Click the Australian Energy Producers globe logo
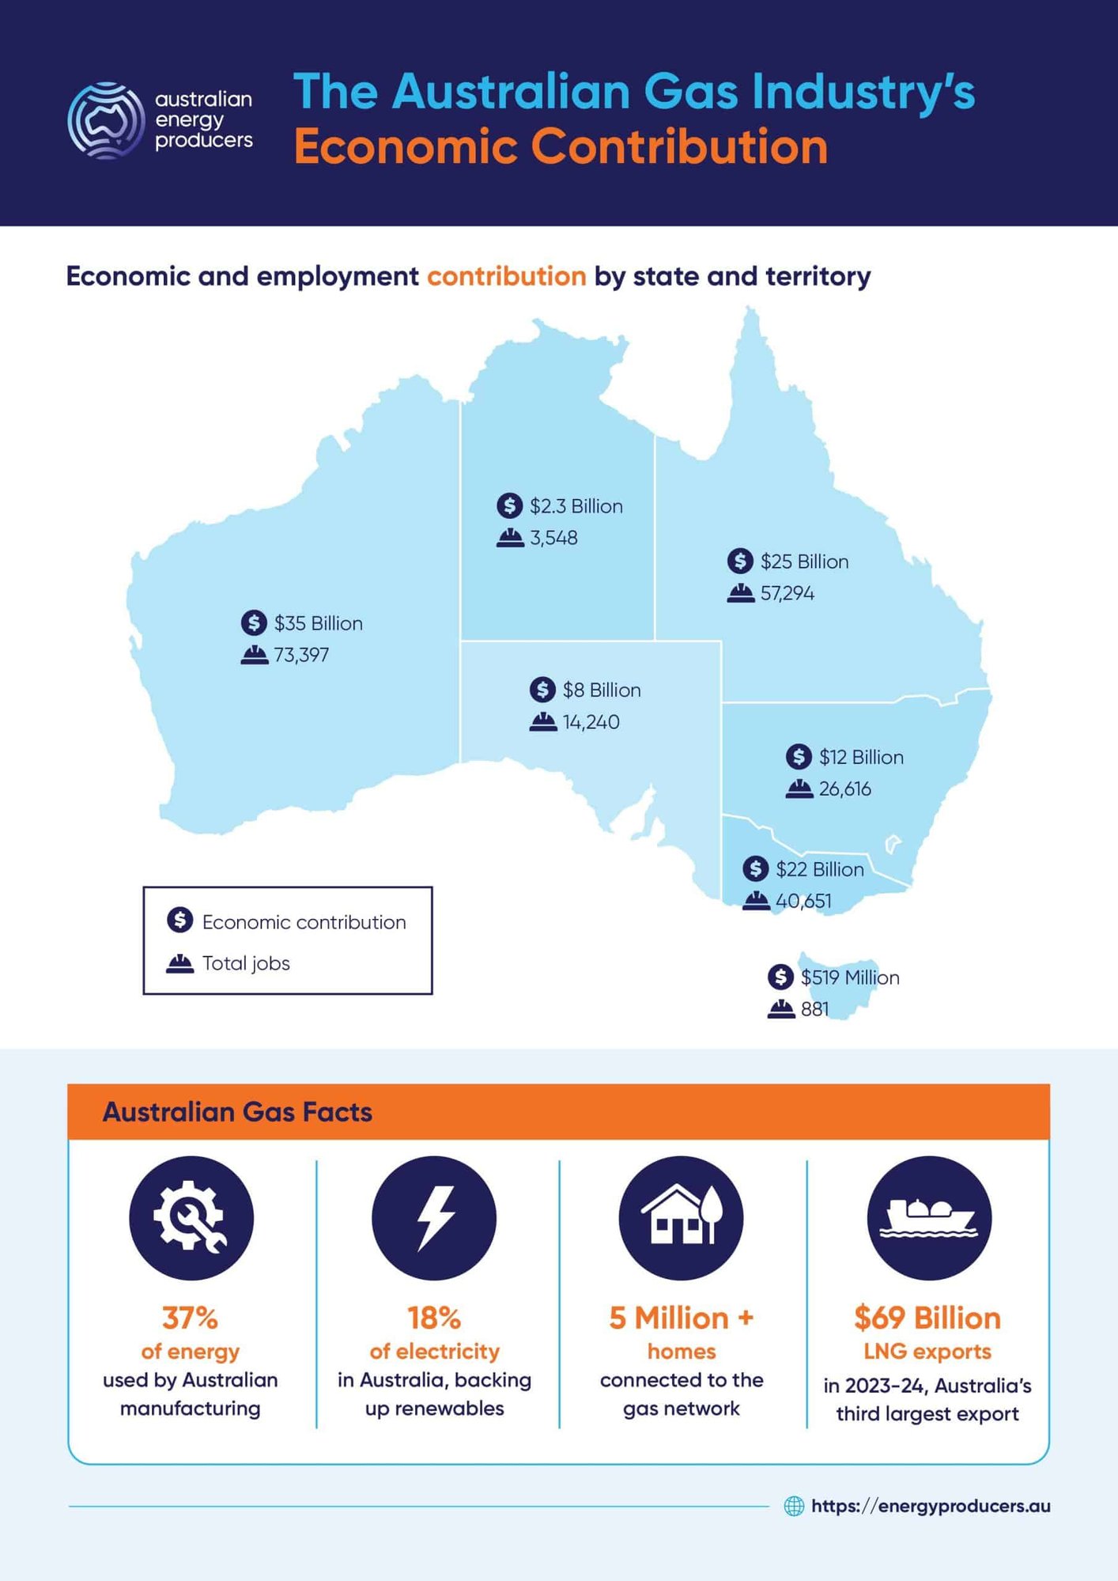coord(106,120)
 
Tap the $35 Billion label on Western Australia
coord(318,623)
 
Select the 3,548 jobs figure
coord(553,538)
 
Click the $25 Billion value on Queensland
coord(804,562)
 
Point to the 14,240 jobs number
coord(591,722)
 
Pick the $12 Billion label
coord(861,757)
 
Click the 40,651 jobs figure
coord(803,901)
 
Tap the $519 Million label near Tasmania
coord(850,978)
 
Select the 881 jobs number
coord(814,1009)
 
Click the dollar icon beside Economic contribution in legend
coord(180,920)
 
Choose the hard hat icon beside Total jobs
coord(180,963)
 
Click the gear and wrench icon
coord(191,1218)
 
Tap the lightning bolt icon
coord(434,1218)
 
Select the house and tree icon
coord(681,1218)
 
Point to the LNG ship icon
coord(929,1218)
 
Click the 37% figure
coord(190,1318)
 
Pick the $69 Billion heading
coord(927,1318)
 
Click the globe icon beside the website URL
coord(794,1506)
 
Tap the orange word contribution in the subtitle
coord(507,276)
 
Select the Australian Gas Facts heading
coord(237,1112)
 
